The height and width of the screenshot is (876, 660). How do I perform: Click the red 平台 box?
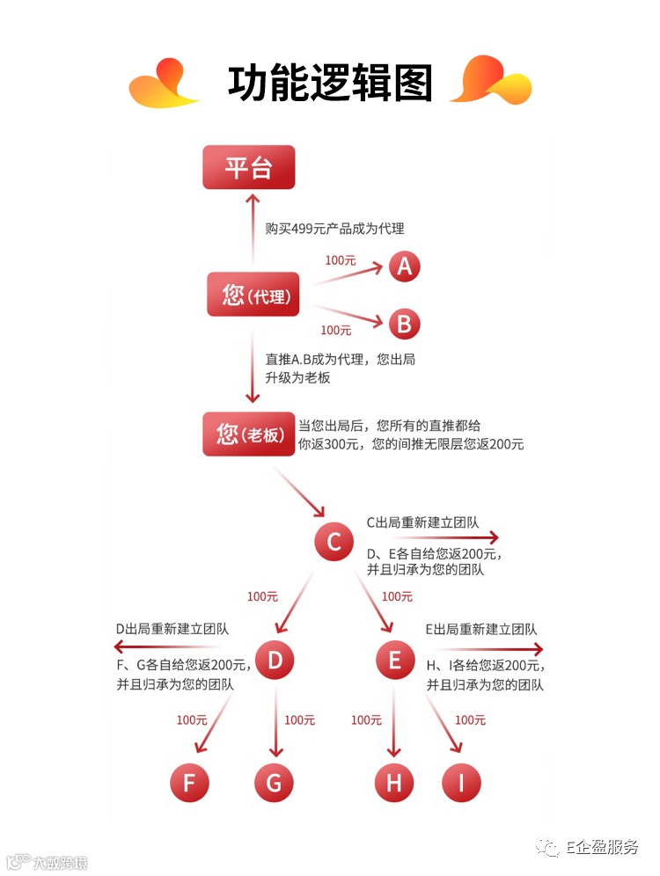point(248,167)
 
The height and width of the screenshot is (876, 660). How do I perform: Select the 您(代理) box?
point(253,295)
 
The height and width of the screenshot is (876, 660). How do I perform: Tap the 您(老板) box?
point(250,434)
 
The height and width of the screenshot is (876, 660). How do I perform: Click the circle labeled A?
point(404,266)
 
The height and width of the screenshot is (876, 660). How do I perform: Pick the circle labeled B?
point(404,324)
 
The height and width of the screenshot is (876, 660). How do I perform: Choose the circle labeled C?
point(334,542)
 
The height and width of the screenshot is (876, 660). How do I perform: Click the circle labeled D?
point(275,660)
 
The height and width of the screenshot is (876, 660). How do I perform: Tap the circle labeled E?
point(394,660)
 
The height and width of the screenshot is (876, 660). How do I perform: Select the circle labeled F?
point(189,782)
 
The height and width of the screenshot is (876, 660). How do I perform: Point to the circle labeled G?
point(274,782)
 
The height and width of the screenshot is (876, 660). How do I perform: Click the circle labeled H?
point(393,782)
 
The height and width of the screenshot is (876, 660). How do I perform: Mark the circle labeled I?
point(462,782)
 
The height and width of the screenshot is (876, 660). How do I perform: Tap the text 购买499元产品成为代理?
point(334,229)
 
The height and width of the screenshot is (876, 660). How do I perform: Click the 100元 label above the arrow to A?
point(340,260)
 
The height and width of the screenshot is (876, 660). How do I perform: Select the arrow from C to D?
point(295,602)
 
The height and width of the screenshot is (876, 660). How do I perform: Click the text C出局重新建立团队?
point(422,522)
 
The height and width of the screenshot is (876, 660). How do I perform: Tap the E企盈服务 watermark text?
point(602,847)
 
